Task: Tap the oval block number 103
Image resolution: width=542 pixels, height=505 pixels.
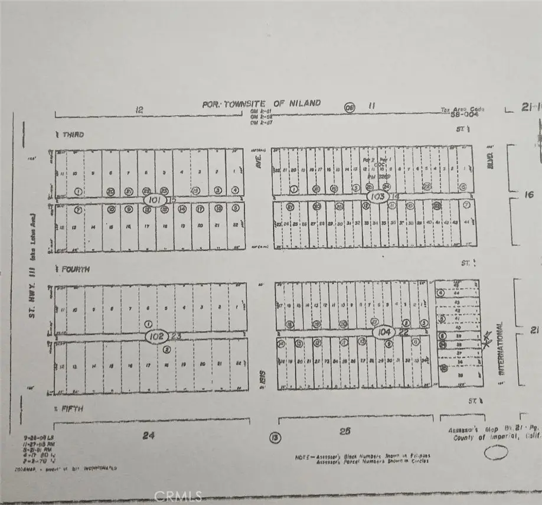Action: (377, 196)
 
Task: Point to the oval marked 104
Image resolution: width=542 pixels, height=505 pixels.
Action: (384, 333)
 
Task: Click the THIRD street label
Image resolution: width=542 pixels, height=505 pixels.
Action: (71, 135)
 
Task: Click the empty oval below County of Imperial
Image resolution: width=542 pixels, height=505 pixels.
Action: (495, 453)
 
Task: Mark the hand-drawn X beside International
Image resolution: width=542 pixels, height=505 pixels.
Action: (487, 340)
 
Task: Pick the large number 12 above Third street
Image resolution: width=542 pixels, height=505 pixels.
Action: (139, 110)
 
